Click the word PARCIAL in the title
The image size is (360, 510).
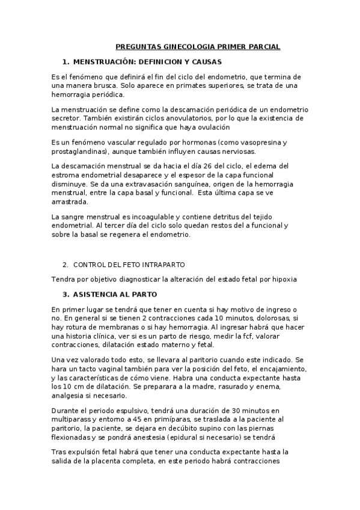(263, 46)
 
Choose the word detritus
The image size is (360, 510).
(231, 217)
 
